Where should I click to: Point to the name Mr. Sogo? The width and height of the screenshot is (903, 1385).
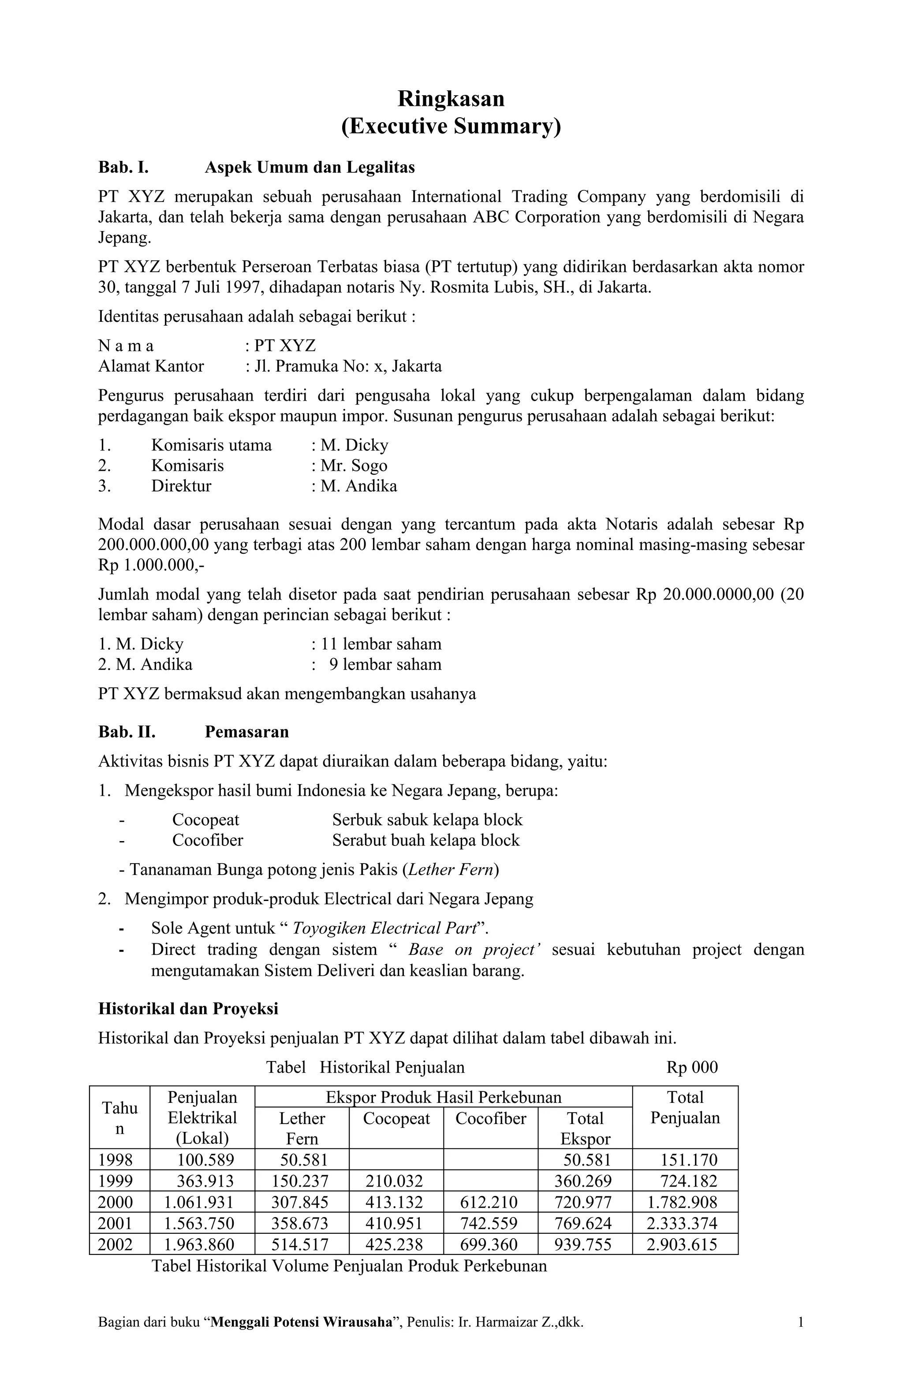[x=354, y=465]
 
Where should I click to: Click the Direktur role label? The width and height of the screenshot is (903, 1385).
[x=181, y=486]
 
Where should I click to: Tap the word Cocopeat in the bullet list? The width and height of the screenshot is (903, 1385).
[x=205, y=820]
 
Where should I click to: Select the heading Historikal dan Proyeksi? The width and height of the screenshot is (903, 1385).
[x=188, y=1009]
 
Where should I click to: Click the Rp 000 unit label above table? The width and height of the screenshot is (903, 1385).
[x=692, y=1067]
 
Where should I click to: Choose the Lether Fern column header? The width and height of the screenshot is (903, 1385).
[x=302, y=1128]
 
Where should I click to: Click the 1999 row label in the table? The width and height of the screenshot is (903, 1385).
[x=115, y=1181]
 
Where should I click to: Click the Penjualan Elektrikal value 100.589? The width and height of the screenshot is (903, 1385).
[x=205, y=1160]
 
